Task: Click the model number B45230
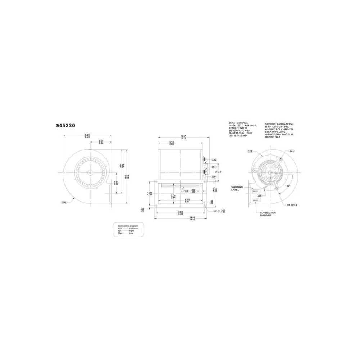[x=65, y=126]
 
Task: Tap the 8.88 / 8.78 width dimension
[x=87, y=136]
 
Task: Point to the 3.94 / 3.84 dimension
[x=100, y=142]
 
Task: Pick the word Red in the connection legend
[x=120, y=234]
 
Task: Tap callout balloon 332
[x=214, y=159]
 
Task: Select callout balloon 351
[x=214, y=167]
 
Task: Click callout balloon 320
[x=213, y=177]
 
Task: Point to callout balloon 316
[x=186, y=191]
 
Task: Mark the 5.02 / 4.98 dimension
[x=215, y=190]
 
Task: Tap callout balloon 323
[x=292, y=151]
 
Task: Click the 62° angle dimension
[x=288, y=186]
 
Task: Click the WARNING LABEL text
[x=237, y=188]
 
